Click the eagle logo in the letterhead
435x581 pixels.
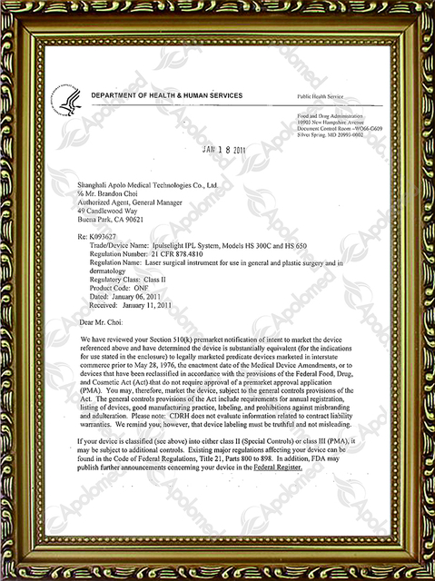(67, 94)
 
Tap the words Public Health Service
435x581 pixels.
(321, 95)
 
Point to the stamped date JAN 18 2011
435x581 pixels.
(222, 151)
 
